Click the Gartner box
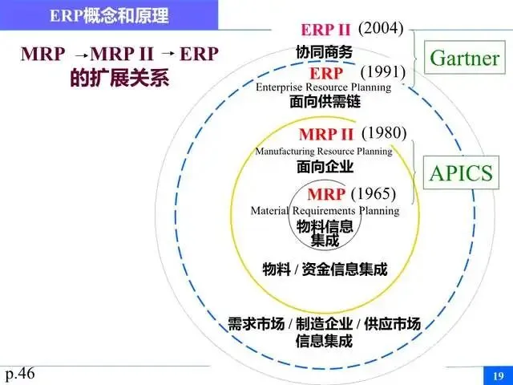[465, 58]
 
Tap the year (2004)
[380, 29]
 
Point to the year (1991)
[383, 74]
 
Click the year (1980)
[384, 132]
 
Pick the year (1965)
[373, 193]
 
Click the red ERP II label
[325, 30]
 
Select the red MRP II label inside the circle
[325, 134]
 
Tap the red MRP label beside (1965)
[326, 195]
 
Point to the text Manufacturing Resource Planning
[324, 151]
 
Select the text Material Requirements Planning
[324, 211]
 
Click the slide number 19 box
[497, 375]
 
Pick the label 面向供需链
[324, 103]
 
